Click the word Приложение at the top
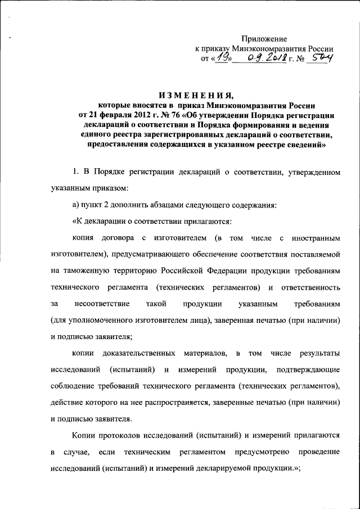pyautogui.click(x=264, y=39)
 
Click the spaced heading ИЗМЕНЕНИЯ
pyautogui.click(x=196, y=94)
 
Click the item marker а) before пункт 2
pyautogui.click(x=76, y=205)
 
